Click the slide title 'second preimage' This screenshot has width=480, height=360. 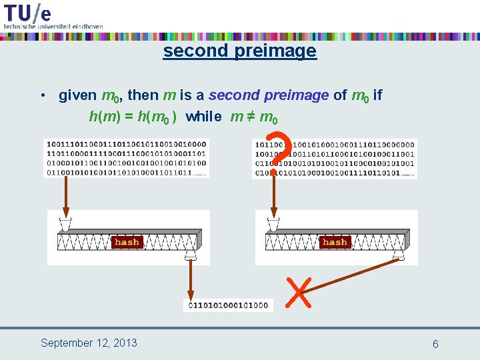pyautogui.click(x=239, y=51)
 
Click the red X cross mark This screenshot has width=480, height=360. pyautogui.click(x=298, y=292)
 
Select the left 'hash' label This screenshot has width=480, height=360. pyautogui.click(x=127, y=242)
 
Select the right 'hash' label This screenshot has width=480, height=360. pyautogui.click(x=335, y=242)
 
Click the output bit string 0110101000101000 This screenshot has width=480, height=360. pyautogui.click(x=228, y=305)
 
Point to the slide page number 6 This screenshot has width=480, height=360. pyautogui.click(x=435, y=344)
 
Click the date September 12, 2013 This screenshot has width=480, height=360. pyautogui.click(x=89, y=343)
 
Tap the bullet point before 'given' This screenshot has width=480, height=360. pyautogui.click(x=43, y=95)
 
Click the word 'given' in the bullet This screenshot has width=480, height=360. pyautogui.click(x=77, y=95)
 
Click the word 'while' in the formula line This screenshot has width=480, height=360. pyautogui.click(x=204, y=117)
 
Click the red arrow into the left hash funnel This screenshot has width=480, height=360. pyautogui.click(x=65, y=197)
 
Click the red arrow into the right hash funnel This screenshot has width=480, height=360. pyautogui.click(x=273, y=197)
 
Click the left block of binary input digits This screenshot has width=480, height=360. pyautogui.click(x=126, y=158)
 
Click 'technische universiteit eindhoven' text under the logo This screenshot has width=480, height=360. pyautogui.click(x=53, y=26)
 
